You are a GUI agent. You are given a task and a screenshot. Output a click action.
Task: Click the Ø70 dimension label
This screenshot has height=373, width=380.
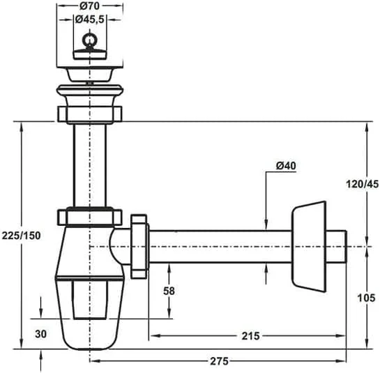pyautogui.click(x=89, y=6)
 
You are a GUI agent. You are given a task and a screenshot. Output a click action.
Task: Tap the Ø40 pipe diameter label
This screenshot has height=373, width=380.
pyautogui.click(x=287, y=165)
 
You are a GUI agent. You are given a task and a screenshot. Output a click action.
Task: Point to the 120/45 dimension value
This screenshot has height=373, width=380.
pyautogui.click(x=362, y=184)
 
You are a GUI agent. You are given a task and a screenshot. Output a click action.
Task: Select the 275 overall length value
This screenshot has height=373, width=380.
pyautogui.click(x=219, y=362)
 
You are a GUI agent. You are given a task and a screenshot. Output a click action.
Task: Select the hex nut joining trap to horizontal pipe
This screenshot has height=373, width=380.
pyautogui.click(x=139, y=244)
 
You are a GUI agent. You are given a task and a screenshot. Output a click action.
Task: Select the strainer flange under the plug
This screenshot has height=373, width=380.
pyautogui.click(x=89, y=73)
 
